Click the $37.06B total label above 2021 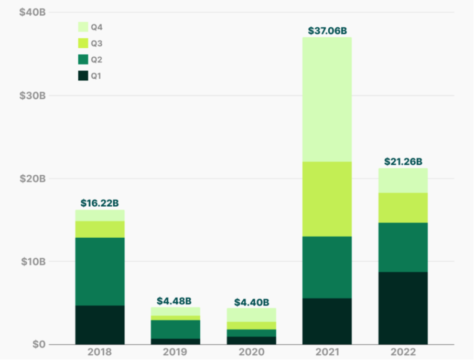[x=327, y=30]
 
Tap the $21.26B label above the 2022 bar [x=403, y=162]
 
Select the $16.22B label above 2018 [x=100, y=203]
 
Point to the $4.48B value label [x=176, y=301]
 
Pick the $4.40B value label [x=252, y=302]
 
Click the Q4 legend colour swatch [x=83, y=27]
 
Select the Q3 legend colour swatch [x=83, y=43]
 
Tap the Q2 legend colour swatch [x=83, y=59]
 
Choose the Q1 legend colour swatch [x=83, y=76]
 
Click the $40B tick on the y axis [x=33, y=13]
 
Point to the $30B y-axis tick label [x=33, y=96]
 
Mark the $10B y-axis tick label [x=33, y=261]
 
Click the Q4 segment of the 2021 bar [x=327, y=99]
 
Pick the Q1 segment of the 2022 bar [x=403, y=308]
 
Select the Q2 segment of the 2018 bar [x=100, y=271]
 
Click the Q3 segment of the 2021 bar [x=327, y=199]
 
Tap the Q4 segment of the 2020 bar [x=252, y=315]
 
